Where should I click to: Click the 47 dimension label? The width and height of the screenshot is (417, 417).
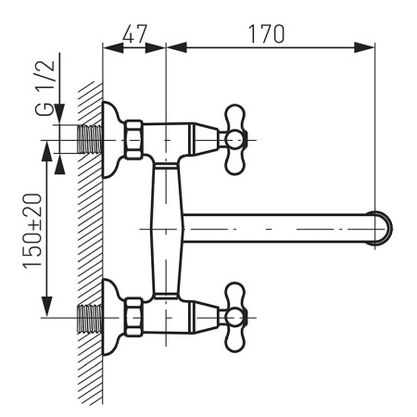click(x=134, y=33)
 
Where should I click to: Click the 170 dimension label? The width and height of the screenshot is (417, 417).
click(x=266, y=33)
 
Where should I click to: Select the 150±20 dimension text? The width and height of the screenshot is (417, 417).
click(x=32, y=231)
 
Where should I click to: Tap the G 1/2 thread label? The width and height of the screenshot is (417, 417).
click(x=45, y=88)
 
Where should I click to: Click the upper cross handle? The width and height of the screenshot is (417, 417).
click(x=235, y=140)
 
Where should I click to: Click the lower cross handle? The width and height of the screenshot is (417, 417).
click(x=235, y=317)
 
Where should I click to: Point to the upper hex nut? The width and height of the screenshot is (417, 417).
click(x=133, y=140)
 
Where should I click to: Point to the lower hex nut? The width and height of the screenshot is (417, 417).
click(x=133, y=317)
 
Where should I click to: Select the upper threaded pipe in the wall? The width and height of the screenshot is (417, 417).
click(x=90, y=140)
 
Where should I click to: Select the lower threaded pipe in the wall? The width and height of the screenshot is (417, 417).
click(x=90, y=318)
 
